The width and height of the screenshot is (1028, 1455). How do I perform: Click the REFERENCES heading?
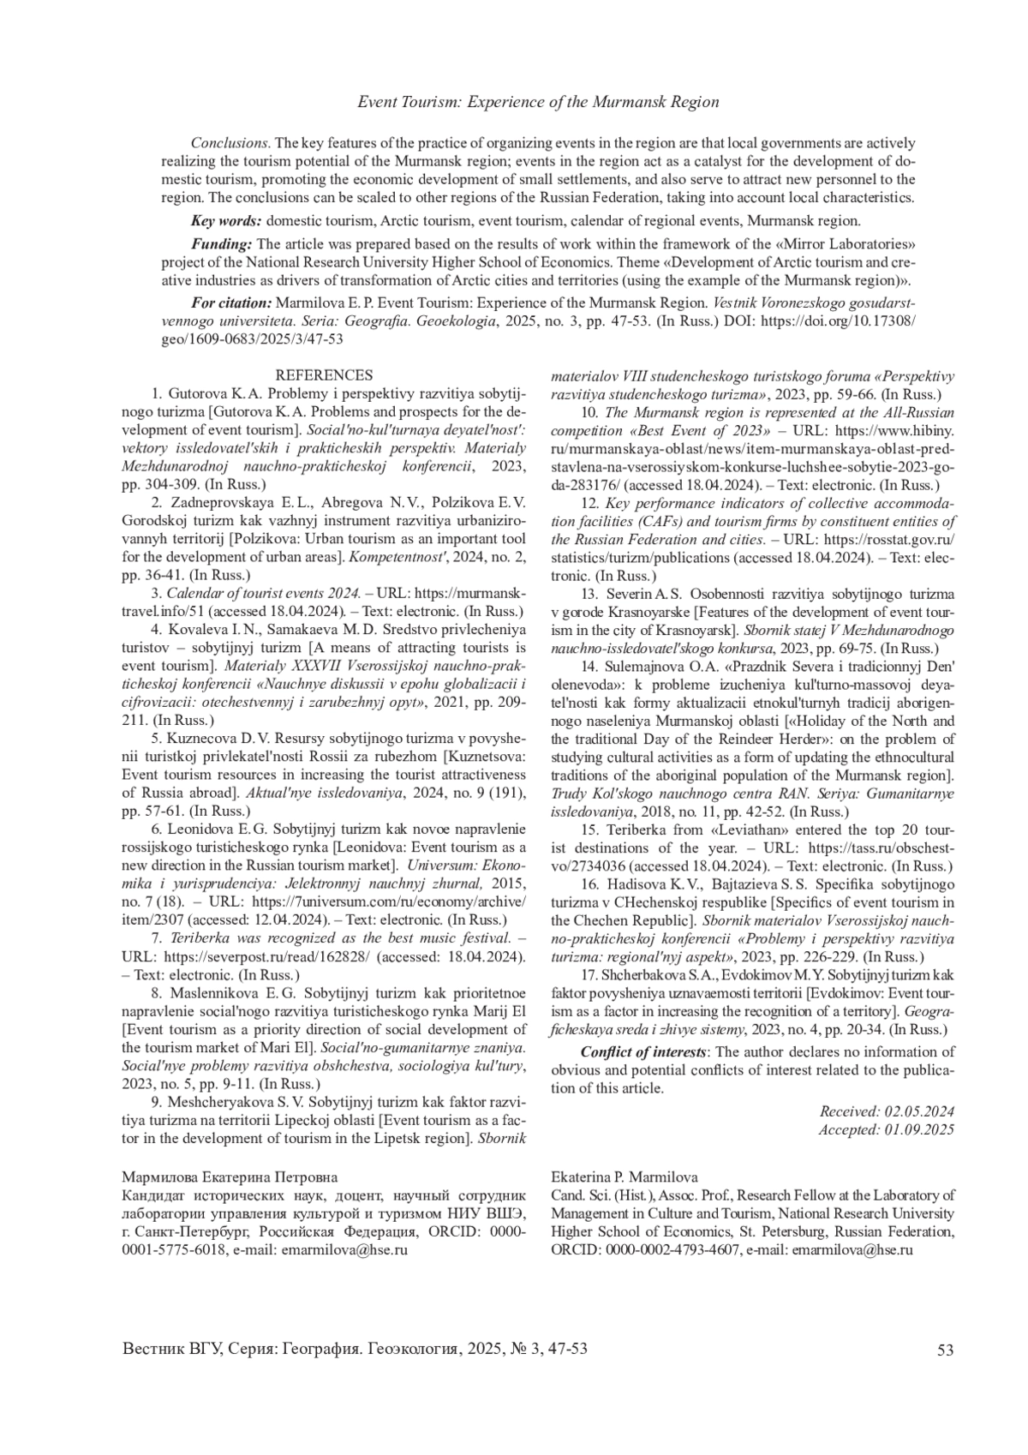coord(324,375)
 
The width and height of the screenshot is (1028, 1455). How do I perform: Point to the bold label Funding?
coord(221,244)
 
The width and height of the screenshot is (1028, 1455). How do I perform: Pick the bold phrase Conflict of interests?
coord(644,1052)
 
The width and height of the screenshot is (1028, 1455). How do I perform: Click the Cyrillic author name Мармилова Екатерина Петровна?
coord(230,1177)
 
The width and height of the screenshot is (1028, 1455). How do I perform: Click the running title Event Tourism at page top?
coord(537,102)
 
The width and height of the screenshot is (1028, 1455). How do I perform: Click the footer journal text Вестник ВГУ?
coord(171,1349)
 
